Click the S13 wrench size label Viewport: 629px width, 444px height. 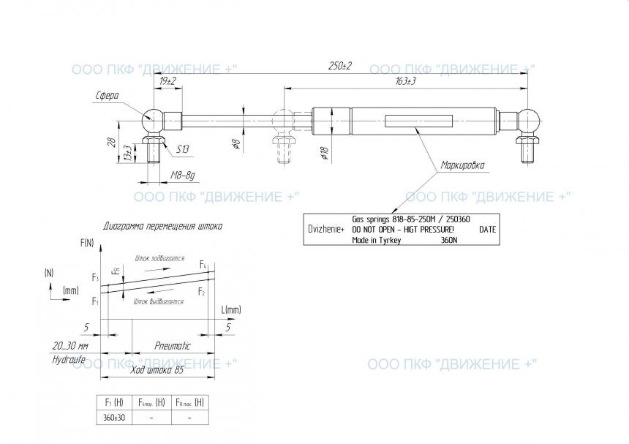pyautogui.click(x=182, y=149)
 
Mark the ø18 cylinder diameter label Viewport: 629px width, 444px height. pyautogui.click(x=323, y=153)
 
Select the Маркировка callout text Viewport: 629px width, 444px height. pyautogui.click(x=462, y=165)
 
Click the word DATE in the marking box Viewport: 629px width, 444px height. pyautogui.click(x=487, y=229)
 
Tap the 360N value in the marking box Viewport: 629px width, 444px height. pyautogui.click(x=448, y=239)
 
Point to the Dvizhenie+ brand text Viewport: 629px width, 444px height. pyautogui.click(x=327, y=229)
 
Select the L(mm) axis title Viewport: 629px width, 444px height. pyautogui.click(x=230, y=309)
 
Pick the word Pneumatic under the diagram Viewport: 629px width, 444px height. pyautogui.click(x=173, y=345)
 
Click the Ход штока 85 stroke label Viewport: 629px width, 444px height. pyautogui.click(x=156, y=370)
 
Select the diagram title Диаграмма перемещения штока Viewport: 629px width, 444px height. pyautogui.click(x=163, y=226)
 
